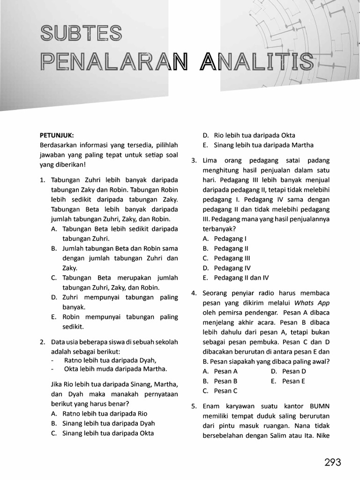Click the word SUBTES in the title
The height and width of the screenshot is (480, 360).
click(x=81, y=33)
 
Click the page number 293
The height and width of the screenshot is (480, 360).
click(x=332, y=463)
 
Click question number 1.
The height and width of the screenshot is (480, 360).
click(x=42, y=180)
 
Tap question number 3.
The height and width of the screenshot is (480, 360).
click(x=194, y=160)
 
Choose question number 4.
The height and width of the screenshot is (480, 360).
click(x=194, y=293)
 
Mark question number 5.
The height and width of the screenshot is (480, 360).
click(x=194, y=406)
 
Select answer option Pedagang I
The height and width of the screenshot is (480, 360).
click(x=230, y=239)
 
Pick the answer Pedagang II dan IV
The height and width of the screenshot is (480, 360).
click(x=241, y=277)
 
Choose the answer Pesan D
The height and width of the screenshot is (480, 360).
click(x=294, y=371)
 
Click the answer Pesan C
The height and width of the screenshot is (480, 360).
click(x=226, y=391)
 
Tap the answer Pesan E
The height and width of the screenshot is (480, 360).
click(x=293, y=381)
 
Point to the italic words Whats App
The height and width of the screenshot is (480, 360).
click(x=312, y=303)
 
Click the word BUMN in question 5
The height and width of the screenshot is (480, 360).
click(x=320, y=406)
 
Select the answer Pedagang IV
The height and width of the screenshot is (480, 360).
click(x=232, y=268)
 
